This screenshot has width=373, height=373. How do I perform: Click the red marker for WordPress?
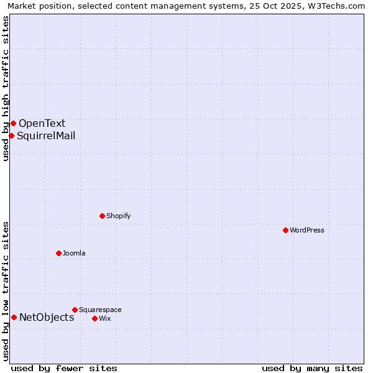click(285, 230)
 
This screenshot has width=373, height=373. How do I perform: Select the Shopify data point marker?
click(102, 216)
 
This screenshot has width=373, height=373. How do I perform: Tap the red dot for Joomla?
click(58, 253)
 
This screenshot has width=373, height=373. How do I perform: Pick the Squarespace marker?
click(75, 310)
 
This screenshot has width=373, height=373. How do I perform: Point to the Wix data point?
click(94, 318)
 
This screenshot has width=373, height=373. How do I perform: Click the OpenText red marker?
click(13, 123)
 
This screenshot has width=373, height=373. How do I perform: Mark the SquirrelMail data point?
click(11, 136)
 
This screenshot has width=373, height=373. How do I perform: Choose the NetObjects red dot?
click(14, 317)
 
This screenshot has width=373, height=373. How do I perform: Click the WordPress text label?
click(307, 230)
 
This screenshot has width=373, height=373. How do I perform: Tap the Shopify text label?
click(118, 216)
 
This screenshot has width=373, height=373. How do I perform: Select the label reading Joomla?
click(74, 253)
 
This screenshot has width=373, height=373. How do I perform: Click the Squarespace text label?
click(100, 310)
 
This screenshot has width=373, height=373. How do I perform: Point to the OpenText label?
click(42, 123)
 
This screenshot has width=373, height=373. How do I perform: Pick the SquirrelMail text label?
click(46, 136)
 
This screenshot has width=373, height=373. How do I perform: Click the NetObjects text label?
click(47, 318)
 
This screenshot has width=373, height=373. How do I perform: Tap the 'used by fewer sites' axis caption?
click(64, 368)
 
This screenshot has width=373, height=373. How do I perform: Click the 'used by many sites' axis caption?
click(312, 368)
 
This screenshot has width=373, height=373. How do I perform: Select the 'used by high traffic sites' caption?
click(6, 88)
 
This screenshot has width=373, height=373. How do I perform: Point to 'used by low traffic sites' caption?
click(6, 291)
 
